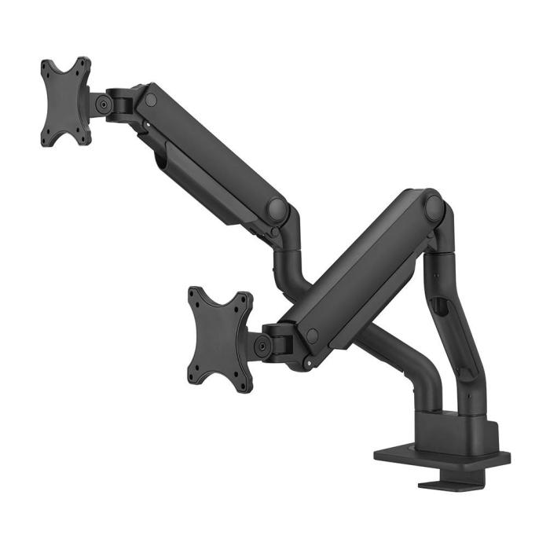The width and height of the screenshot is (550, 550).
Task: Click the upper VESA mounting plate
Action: coord(65,101)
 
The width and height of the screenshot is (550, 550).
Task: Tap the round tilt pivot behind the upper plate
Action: coord(103,103)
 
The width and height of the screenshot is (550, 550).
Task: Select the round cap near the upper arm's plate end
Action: coord(151,100)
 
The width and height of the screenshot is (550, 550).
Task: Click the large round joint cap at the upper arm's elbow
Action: coord(277,210)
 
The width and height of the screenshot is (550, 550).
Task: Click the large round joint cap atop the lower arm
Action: coord(434,207)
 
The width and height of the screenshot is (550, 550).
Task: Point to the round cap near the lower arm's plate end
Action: coord(313,335)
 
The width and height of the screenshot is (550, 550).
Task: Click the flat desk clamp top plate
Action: coord(440,456)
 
